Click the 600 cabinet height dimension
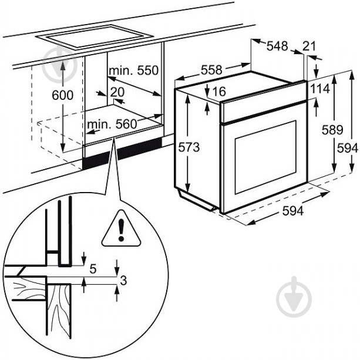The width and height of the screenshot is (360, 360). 62,95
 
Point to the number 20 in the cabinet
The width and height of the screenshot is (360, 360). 117,92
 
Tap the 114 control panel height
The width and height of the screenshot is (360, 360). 319,88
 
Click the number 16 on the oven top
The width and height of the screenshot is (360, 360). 218,92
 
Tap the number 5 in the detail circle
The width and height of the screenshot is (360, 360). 93,268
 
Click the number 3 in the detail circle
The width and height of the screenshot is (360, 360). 123,281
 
